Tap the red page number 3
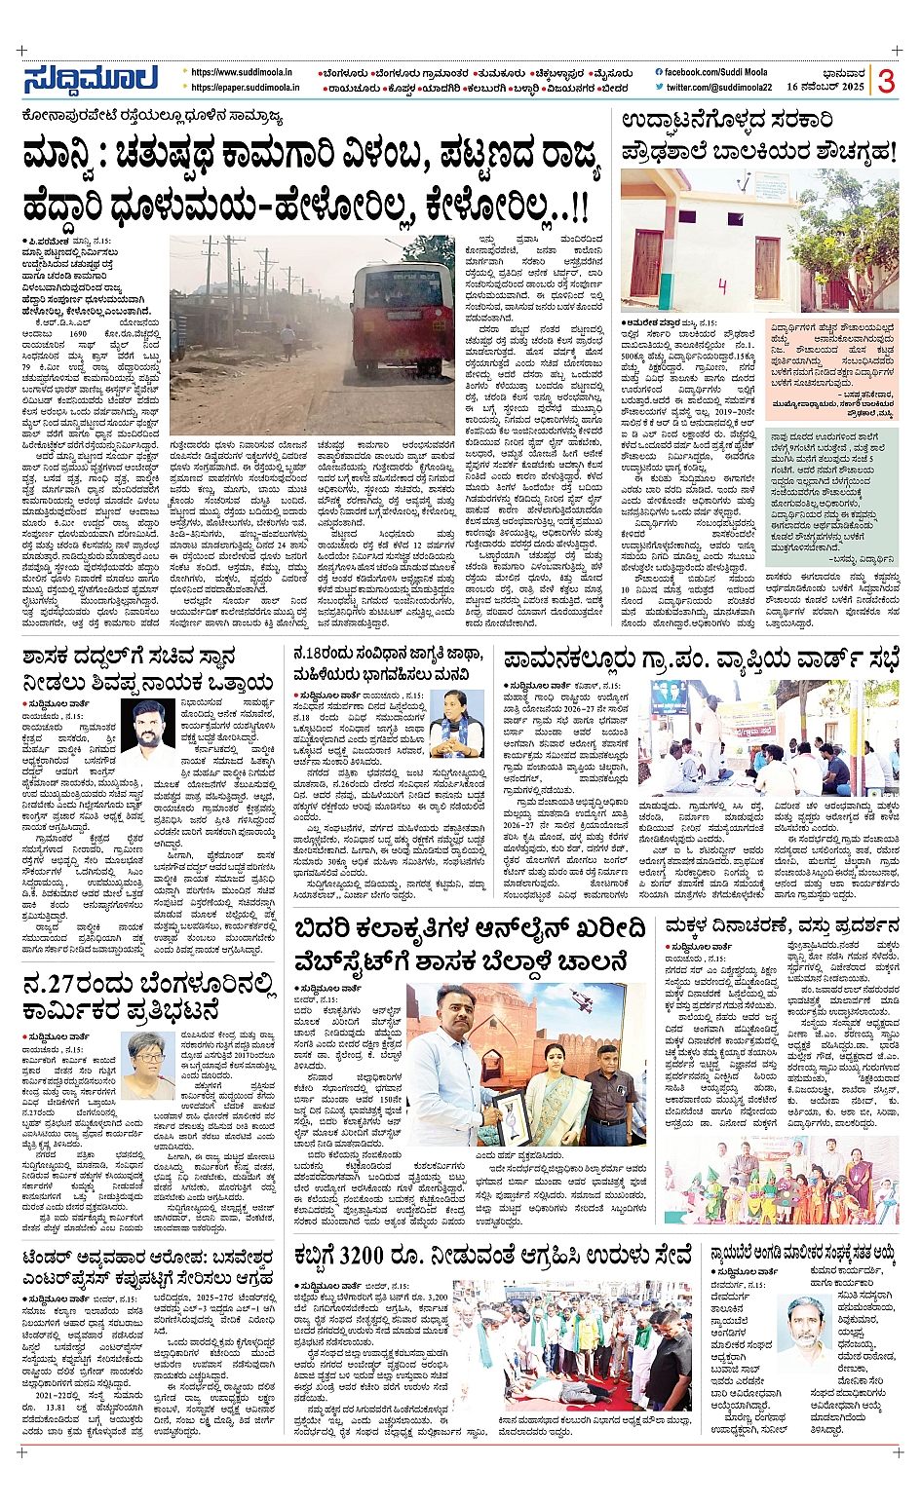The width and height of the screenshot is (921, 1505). pos(885,82)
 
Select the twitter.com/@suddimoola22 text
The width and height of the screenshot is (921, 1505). pos(719,88)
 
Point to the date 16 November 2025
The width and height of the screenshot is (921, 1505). pos(825,87)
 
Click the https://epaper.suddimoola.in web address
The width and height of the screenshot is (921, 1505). pos(245,88)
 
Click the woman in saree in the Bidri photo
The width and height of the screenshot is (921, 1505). pos(556,1081)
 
